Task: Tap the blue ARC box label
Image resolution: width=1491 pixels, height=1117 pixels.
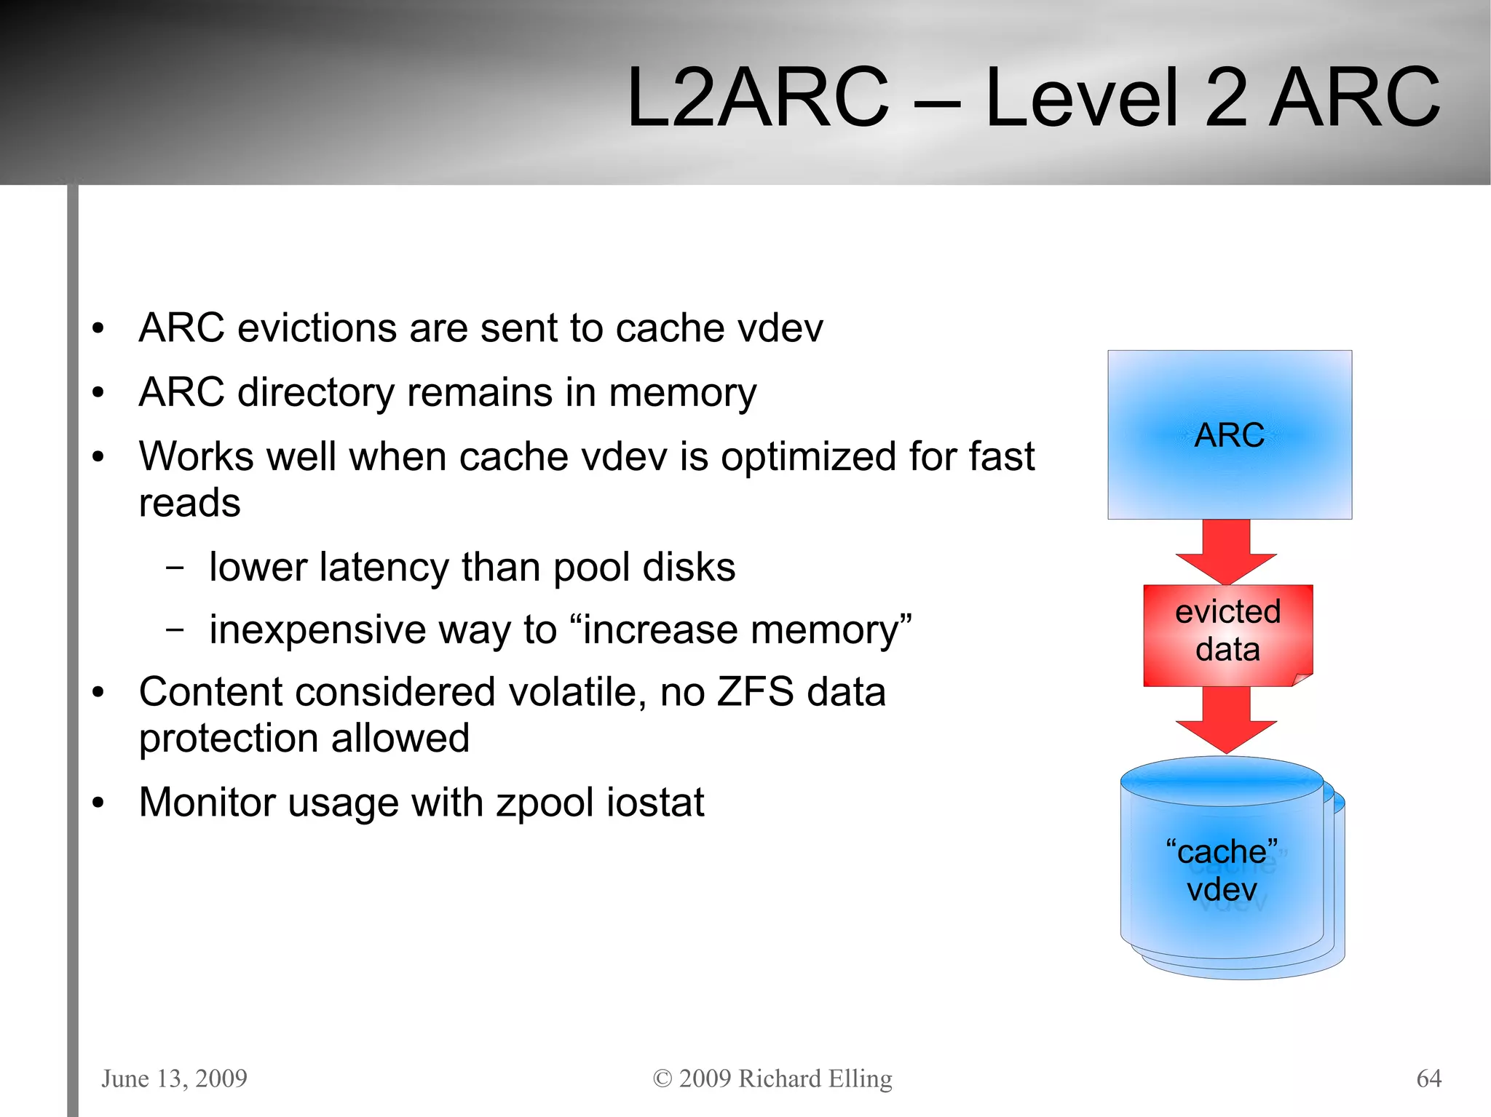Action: tap(1229, 435)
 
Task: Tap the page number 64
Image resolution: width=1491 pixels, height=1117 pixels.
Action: tap(1428, 1078)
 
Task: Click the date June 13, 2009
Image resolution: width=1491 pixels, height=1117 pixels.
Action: tap(174, 1078)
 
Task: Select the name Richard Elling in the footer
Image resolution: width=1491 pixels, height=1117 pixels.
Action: tap(815, 1078)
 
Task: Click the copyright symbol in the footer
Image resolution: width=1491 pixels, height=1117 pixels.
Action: tap(662, 1078)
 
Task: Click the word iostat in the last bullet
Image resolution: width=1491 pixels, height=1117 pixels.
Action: tap(654, 802)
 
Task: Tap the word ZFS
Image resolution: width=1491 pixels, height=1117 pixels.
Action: tap(755, 691)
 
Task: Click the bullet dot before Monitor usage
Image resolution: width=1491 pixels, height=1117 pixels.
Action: tap(98, 803)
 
